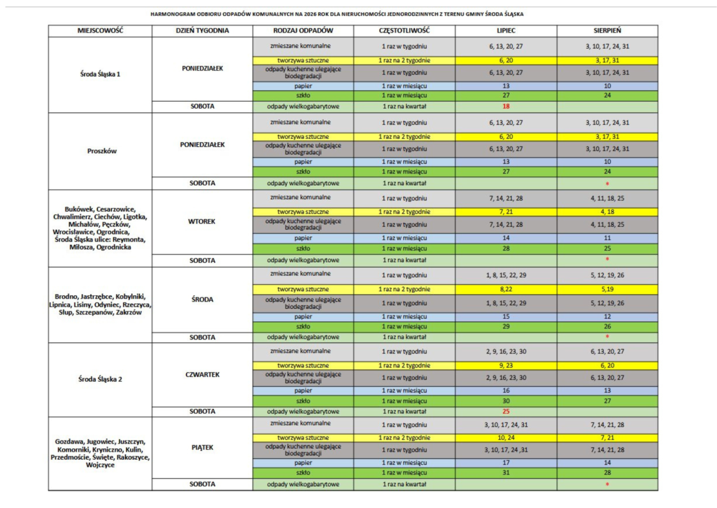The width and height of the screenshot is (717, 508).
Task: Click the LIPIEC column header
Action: [x=506, y=31]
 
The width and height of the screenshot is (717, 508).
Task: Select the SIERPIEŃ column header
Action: [x=607, y=31]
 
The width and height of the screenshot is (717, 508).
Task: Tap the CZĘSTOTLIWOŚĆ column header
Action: [x=404, y=31]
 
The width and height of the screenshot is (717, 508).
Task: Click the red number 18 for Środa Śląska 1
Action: [x=506, y=106]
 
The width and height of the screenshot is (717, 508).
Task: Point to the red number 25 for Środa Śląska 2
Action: [x=506, y=411]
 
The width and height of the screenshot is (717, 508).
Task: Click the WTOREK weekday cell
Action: [x=202, y=222]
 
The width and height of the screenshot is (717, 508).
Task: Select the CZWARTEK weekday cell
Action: [x=202, y=375]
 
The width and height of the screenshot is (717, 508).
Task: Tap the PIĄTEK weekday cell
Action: [x=202, y=448]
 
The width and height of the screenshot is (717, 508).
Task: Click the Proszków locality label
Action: [x=102, y=151]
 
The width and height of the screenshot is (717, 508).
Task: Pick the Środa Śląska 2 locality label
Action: [x=100, y=379]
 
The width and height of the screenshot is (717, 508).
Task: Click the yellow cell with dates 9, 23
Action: [x=506, y=366]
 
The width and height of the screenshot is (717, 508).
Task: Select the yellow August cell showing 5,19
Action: [x=607, y=289]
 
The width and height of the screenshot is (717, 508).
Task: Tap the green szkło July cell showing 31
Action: [x=506, y=473]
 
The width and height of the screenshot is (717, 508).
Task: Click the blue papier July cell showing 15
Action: [x=506, y=317]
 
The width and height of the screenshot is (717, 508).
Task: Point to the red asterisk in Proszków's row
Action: [x=607, y=184]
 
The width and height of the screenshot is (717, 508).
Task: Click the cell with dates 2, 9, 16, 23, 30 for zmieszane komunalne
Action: [x=506, y=352]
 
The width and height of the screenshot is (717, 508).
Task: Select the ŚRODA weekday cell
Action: [x=202, y=299]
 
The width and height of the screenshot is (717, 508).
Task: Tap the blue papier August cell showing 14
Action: [x=607, y=463]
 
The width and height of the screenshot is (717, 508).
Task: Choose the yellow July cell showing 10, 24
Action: [x=506, y=438]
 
